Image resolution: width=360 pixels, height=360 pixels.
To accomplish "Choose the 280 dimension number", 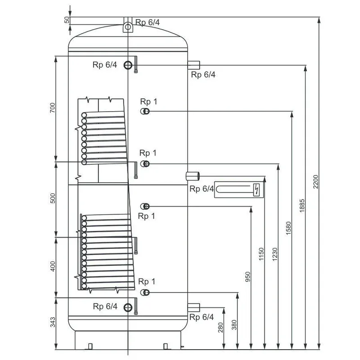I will pyautogui.click(x=220, y=327).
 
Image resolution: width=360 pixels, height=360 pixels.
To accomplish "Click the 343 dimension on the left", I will pyautogui.click(x=53, y=322).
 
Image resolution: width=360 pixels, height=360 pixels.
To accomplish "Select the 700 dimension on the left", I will pyautogui.click(x=53, y=108).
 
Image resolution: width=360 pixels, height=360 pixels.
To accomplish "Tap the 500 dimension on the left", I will pyautogui.click(x=53, y=198).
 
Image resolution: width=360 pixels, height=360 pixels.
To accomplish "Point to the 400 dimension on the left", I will pyautogui.click(x=53, y=266).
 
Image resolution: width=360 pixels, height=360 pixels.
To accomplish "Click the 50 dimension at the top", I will pyautogui.click(x=67, y=20).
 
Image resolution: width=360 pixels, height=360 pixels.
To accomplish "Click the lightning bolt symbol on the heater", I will pyautogui.click(x=257, y=189).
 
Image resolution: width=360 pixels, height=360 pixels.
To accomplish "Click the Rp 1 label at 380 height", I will pyautogui.click(x=147, y=282).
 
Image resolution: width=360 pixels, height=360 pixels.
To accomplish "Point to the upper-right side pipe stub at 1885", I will pyautogui.click(x=193, y=64).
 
